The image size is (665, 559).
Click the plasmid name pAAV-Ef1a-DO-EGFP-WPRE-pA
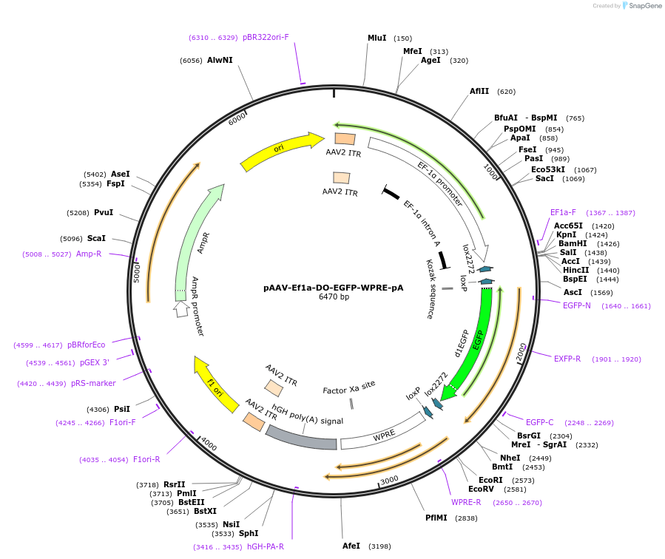pyautogui.click(x=334, y=288)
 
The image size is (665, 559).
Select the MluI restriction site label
pyautogui.click(x=377, y=38)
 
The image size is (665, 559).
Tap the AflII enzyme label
pyautogui.click(x=479, y=92)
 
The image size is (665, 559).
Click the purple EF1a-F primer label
pyautogui.click(x=563, y=212)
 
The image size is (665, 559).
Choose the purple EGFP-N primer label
pyautogui.click(x=577, y=305)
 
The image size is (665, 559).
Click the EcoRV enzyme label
pyautogui.click(x=481, y=489)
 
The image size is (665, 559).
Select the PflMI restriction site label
pyautogui.click(x=436, y=518)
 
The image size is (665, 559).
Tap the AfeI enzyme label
pyautogui.click(x=351, y=546)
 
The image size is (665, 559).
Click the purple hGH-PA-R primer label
pyautogui.click(x=266, y=546)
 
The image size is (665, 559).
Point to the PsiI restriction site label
pyautogui.click(x=122, y=409)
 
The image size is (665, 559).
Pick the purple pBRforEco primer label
pyautogui.click(x=87, y=345)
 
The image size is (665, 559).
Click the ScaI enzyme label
pyautogui.click(x=96, y=238)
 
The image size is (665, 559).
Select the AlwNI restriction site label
pyautogui.click(x=220, y=60)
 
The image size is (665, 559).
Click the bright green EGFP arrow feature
pyautogui.click(x=473, y=339)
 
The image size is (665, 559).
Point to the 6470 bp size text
pyautogui.click(x=334, y=297)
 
